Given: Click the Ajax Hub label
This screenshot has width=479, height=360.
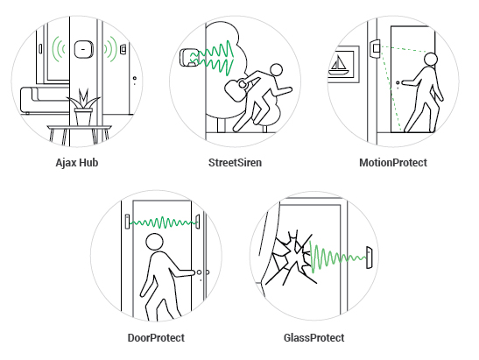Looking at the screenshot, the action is click(77, 163).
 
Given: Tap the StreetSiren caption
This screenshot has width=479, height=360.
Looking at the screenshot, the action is click(235, 163).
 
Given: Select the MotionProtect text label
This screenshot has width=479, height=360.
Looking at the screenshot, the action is click(393, 163).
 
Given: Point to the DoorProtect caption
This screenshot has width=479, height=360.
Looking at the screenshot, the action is click(156, 338).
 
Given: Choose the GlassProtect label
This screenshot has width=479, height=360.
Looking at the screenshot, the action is click(314, 338).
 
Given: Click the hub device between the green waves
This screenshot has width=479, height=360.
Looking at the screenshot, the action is click(83, 49).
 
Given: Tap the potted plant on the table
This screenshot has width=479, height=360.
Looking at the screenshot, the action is click(83, 107).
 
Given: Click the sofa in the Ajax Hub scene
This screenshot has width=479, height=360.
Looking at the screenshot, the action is click(46, 100).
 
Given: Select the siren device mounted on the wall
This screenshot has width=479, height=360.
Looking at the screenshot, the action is click(189, 58).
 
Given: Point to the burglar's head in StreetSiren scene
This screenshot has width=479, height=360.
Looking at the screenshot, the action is click(277, 70).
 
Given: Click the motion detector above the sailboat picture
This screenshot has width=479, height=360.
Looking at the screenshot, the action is click(376, 48).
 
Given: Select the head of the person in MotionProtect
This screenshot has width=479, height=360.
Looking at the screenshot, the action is click(431, 60).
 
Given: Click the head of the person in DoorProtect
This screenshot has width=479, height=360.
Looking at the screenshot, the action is click(155, 242).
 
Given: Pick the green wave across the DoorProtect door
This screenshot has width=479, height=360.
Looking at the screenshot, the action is click(163, 222).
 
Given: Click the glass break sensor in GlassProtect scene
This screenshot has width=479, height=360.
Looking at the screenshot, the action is click(370, 258).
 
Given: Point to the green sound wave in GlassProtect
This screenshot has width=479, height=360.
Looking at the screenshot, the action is click(337, 258).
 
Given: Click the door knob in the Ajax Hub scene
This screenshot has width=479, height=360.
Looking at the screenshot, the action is click(134, 79).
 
